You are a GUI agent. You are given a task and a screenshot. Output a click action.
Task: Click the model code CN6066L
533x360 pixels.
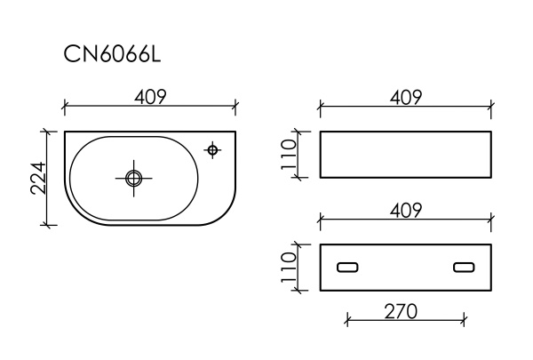[111, 55]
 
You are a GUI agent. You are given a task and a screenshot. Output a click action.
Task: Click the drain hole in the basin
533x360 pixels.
[133, 178]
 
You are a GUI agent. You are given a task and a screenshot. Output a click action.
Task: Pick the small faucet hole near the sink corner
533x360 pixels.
[213, 149]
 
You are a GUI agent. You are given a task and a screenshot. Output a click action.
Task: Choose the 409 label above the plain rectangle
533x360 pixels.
[405, 96]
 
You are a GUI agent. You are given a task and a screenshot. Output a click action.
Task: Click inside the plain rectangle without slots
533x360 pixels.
[404, 155]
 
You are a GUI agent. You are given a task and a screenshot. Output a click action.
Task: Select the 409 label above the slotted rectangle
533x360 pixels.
[405, 209]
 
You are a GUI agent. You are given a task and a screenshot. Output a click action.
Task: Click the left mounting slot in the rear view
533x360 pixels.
[346, 267]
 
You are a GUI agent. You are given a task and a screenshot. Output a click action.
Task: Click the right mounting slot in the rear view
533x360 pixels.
[464, 267]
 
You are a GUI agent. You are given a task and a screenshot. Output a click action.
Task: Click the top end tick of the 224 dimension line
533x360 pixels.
[46, 132]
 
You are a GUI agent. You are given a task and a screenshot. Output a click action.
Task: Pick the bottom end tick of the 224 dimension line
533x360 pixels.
[46, 225]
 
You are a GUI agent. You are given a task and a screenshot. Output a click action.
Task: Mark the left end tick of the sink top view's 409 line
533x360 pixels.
[66, 108]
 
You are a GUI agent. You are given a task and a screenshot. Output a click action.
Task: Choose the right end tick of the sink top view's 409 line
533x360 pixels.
[235, 108]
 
